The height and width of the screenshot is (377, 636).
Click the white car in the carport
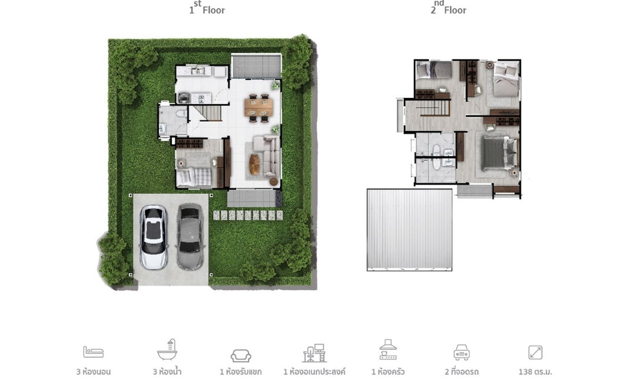pyautogui.click(x=154, y=237)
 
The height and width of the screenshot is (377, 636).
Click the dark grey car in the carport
pyautogui.click(x=190, y=237)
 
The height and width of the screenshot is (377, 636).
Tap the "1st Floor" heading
pyautogui.click(x=207, y=8)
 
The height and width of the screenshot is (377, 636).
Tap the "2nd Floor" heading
pyautogui.click(x=449, y=8)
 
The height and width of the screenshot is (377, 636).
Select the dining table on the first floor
pyautogui.click(x=259, y=108)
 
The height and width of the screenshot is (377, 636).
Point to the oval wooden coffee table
pyautogui.click(x=254, y=164)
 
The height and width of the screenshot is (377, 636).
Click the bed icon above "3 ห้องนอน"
pyautogui.click(x=93, y=352)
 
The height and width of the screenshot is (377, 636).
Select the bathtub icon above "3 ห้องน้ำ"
pyautogui.click(x=167, y=350)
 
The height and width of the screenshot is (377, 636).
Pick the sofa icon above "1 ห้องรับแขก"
pyautogui.click(x=241, y=356)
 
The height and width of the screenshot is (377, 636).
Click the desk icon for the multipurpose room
pyautogui.click(x=314, y=353)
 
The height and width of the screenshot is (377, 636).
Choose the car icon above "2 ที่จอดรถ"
pyautogui.click(x=462, y=352)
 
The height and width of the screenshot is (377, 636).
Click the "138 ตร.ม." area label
pyautogui.click(x=535, y=371)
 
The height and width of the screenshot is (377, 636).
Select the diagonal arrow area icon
pyautogui.click(x=535, y=352)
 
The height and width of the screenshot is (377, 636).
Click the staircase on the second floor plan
pyautogui.click(x=435, y=108)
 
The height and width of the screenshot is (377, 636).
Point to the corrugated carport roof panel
pyautogui.click(x=409, y=229)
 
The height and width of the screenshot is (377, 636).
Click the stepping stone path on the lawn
pyautogui.click(x=249, y=215)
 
